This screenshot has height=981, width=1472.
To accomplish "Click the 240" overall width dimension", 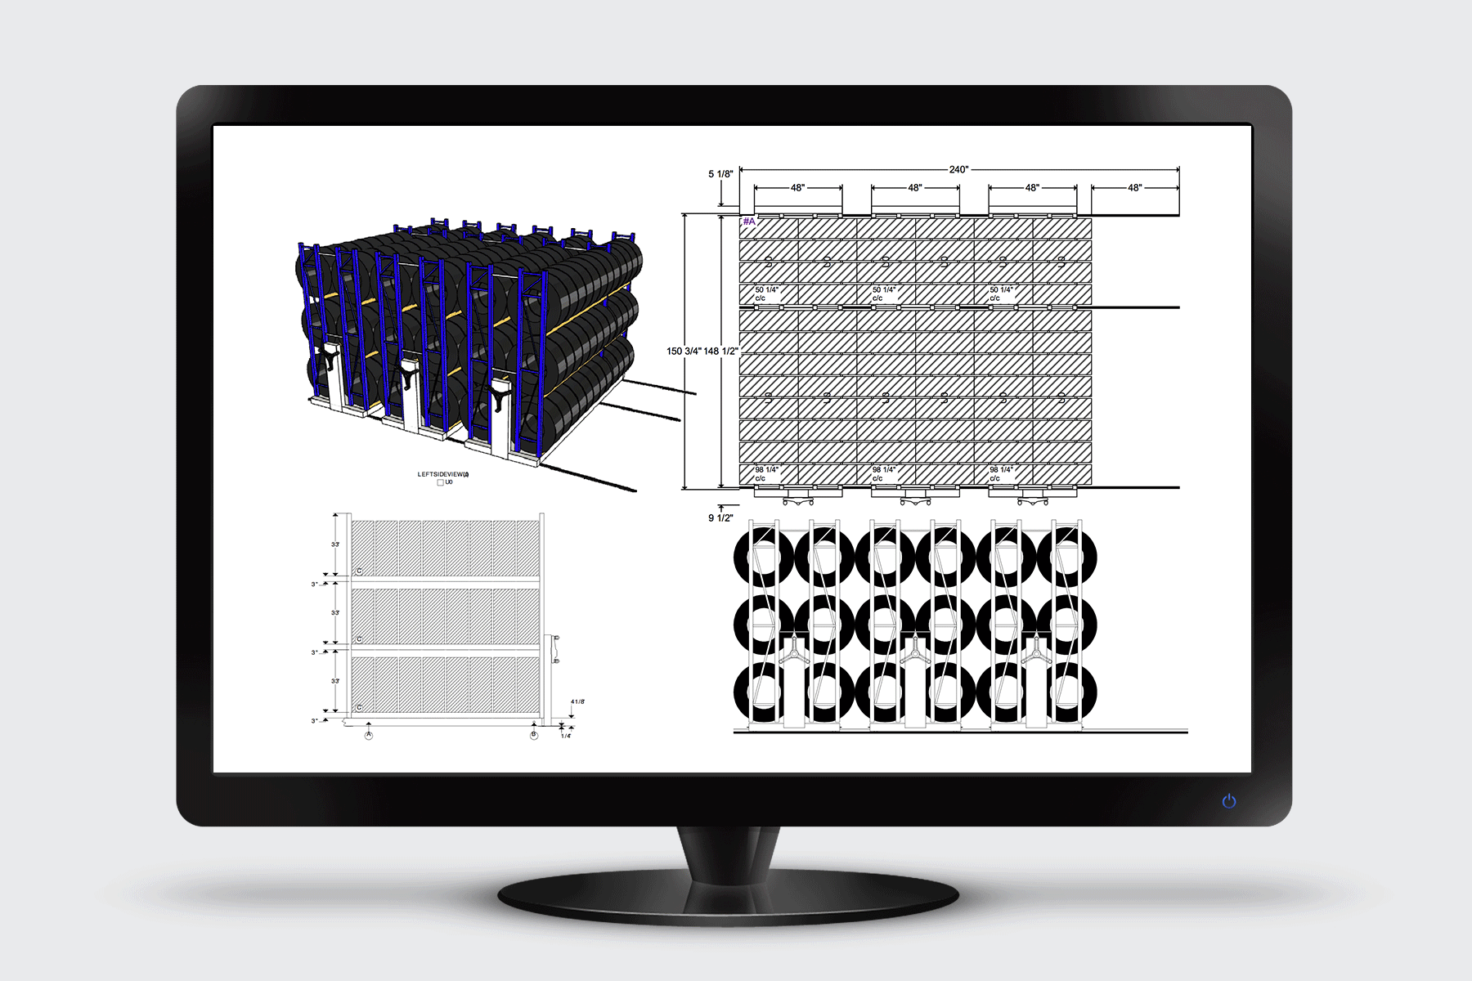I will coord(958,170).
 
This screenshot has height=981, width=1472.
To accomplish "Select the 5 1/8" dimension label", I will coord(720,174).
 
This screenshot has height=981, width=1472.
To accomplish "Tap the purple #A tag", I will coord(749,222).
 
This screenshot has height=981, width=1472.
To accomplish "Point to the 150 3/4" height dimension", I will coord(684,352).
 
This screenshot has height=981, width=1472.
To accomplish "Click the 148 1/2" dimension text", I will coord(721,352).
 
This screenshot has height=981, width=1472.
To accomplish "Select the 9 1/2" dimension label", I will coord(720,518).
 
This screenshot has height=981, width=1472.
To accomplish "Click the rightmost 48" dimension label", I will coord(1134,188).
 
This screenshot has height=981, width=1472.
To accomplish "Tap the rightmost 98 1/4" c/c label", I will coord(1001,474).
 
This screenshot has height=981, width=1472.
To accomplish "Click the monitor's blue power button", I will coord(1228,801).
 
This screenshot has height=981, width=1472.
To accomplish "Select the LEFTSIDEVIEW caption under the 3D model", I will coord(443,474).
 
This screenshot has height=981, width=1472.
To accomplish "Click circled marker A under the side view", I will coord(369,736).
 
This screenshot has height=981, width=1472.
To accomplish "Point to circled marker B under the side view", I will coord(534,736).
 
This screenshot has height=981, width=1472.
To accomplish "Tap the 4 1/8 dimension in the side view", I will coord(577,702).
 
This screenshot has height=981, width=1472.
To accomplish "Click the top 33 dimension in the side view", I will coord(335,544).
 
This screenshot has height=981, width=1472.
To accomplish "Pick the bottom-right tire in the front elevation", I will coord(1066,693).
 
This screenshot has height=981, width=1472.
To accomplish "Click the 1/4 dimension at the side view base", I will coord(565,736).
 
